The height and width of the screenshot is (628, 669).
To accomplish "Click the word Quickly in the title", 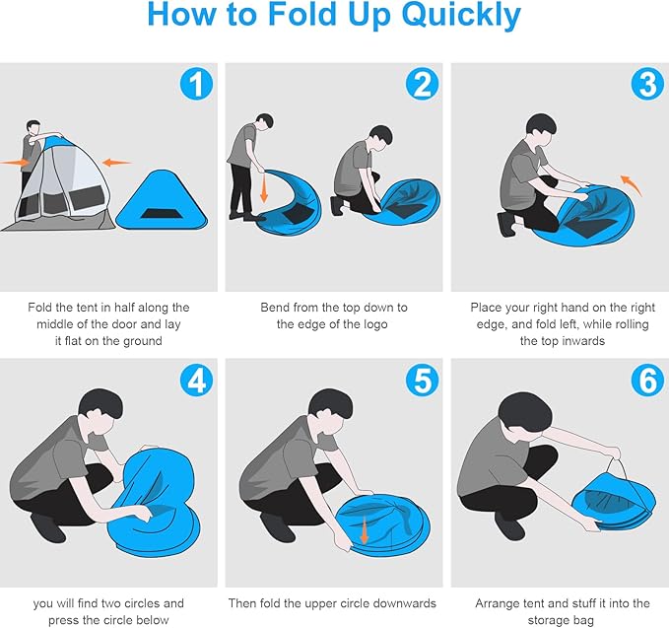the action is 461,16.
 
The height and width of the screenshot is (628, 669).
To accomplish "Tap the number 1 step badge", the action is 196,84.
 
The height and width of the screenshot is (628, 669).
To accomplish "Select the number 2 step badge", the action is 422,84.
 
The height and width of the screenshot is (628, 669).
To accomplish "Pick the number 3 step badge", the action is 647,84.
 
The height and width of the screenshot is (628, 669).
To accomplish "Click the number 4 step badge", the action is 196,380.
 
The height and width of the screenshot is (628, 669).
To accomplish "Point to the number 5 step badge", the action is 422,380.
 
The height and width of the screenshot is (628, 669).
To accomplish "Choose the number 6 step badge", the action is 647,380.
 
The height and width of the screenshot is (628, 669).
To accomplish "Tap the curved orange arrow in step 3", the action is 631,184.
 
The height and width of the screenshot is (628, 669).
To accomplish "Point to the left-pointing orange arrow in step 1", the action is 117,163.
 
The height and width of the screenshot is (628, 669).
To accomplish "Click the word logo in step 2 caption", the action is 375,324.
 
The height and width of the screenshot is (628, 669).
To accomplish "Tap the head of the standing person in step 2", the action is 265,121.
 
